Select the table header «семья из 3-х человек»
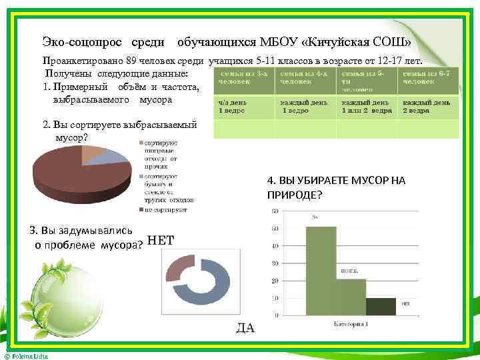tap(243, 77)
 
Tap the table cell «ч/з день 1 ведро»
tap(243, 107)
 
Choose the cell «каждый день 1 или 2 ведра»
tap(367, 107)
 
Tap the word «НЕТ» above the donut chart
tap(161, 241)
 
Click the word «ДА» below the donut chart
tap(245, 327)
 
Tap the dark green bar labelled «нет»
tap(381, 307)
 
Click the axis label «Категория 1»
tap(351, 324)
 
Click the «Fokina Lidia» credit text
tap(27, 357)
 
